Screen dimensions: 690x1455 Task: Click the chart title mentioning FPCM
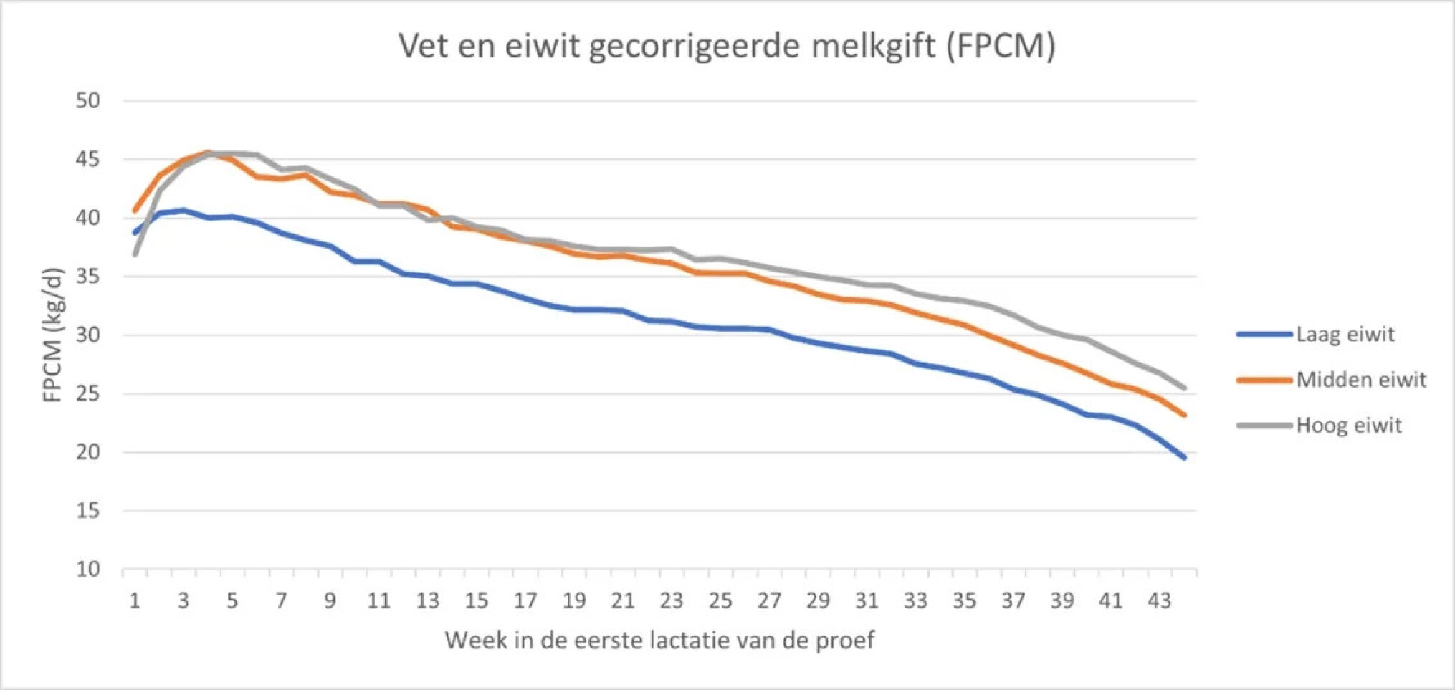coord(727,46)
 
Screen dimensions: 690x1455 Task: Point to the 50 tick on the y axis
coord(88,101)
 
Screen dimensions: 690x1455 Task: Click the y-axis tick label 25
coord(88,394)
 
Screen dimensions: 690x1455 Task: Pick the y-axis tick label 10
coord(88,570)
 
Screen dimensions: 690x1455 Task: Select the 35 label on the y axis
coord(88,277)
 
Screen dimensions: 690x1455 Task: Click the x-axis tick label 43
coord(1159,600)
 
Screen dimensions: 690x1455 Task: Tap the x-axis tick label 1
coord(135,600)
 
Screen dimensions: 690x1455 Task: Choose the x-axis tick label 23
coord(671,600)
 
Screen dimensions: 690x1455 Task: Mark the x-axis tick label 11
coord(378,600)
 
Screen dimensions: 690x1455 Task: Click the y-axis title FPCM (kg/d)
coord(53,335)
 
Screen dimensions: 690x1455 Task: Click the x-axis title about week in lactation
coord(659,640)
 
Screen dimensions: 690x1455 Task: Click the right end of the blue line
coord(1184,457)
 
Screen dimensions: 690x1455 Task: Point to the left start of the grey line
coord(135,254)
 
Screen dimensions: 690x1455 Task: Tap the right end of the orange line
coord(1184,415)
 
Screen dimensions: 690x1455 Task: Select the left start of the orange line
coord(135,211)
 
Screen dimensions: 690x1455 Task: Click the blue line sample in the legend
coord(1264,335)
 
